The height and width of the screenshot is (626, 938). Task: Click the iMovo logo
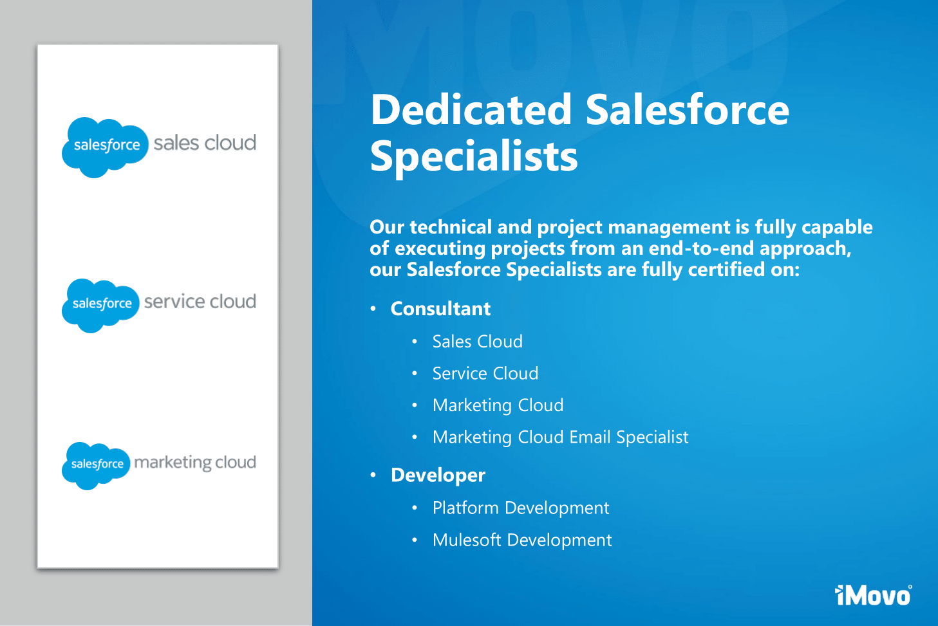873,595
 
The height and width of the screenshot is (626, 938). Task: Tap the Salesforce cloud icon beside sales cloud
105,147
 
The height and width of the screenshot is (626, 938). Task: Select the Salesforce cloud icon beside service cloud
100,306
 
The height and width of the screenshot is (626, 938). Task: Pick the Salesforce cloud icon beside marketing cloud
96,466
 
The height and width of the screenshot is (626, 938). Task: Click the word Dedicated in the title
471,109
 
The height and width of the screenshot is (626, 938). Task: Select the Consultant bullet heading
440,309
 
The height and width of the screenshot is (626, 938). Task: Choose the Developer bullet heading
438,475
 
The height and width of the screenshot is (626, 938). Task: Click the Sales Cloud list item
478,342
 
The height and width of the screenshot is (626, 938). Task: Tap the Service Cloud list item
485,373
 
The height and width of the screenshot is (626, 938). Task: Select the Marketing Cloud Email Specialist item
560,437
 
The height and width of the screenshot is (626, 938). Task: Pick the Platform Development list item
521,508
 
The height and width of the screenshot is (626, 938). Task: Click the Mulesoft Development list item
522,540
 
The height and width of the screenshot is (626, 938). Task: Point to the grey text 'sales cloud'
205,143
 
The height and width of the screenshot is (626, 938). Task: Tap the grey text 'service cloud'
200,301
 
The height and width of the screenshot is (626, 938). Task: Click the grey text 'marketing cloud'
195,463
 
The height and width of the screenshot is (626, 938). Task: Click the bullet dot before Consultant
373,309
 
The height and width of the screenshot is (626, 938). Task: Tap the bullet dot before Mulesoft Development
415,540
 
